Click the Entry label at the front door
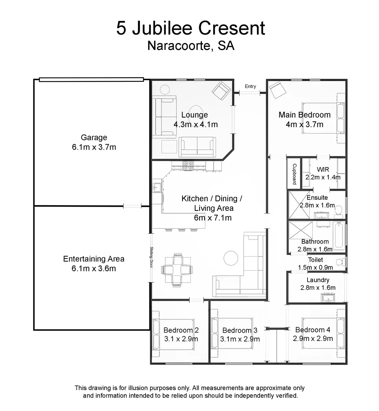250,86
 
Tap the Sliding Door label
151,258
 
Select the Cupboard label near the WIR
294,174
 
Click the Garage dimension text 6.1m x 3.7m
94,147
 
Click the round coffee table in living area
231,258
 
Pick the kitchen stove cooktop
188,166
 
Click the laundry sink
328,297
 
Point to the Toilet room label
316,260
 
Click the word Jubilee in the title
167,29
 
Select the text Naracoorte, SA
190,46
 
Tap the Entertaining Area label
94,259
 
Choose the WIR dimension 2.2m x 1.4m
323,177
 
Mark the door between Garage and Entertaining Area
132,206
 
